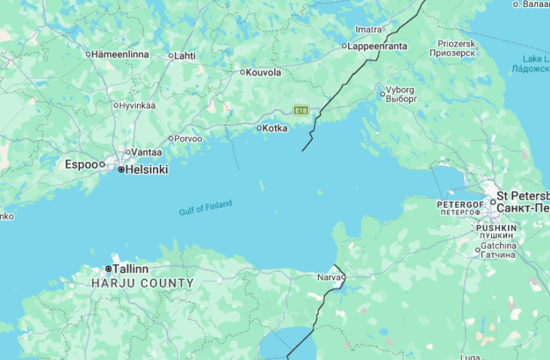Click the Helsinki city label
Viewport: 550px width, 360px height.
[x=147, y=170]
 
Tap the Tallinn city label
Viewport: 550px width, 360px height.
[x=130, y=269]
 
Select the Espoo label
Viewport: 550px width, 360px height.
[x=81, y=164]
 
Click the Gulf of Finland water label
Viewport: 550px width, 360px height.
[x=205, y=208]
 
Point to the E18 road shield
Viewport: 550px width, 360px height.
[x=301, y=110]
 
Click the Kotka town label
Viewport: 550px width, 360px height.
[x=275, y=128]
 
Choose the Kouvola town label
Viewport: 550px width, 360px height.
[x=263, y=72]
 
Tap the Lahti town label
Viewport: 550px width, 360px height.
[x=185, y=56]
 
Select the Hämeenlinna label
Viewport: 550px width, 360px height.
[x=120, y=54]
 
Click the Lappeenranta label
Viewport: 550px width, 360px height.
[x=377, y=46]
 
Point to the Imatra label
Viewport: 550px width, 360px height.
[x=368, y=29]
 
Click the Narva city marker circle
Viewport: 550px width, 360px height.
[x=343, y=277]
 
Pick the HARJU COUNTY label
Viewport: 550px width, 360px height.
[x=143, y=283]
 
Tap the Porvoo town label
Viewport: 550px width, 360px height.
[x=188, y=139]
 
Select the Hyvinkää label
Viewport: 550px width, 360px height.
[x=137, y=106]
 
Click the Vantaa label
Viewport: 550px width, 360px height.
[x=147, y=153]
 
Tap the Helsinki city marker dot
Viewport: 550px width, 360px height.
[x=121, y=170]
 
